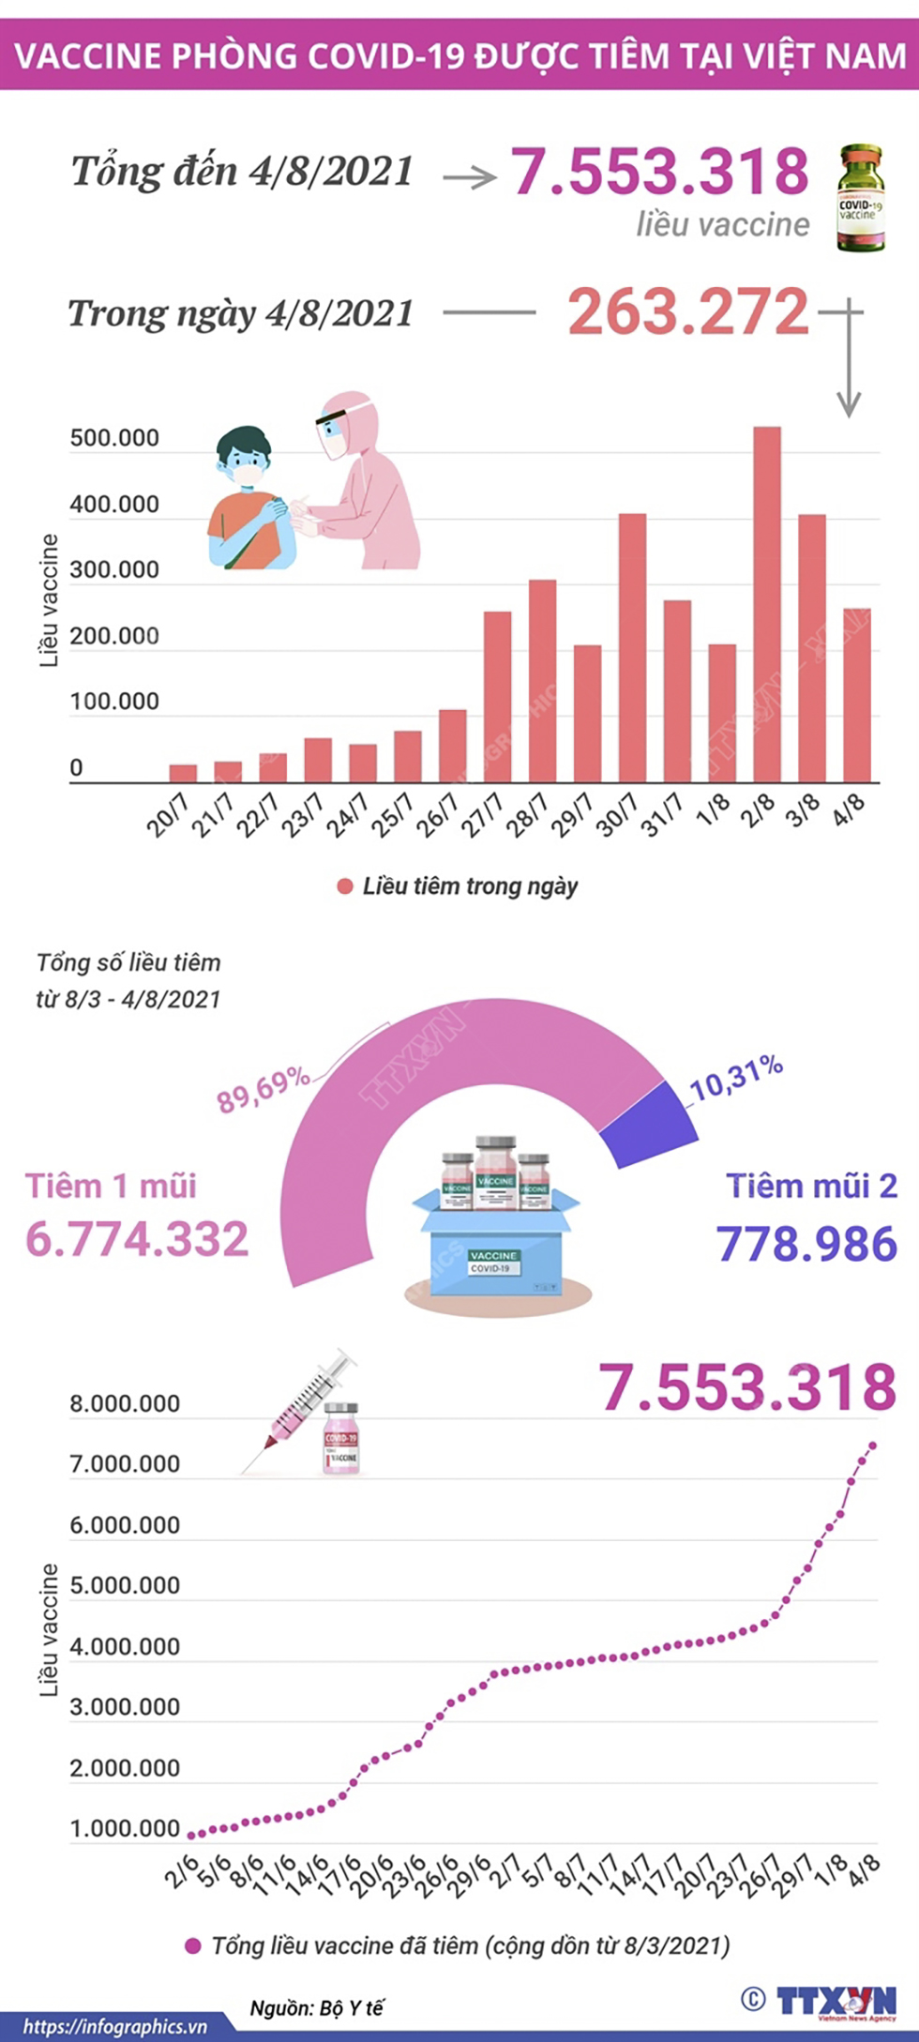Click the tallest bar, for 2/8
tap(767, 604)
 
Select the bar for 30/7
tap(633, 647)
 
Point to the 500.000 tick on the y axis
tap(114, 438)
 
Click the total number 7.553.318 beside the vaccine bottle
tap(660, 172)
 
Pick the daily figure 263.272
tap(687, 312)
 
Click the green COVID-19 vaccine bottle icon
tap(860, 198)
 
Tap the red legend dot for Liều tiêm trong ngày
tap(345, 886)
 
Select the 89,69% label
tap(264, 1089)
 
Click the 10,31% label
tap(737, 1077)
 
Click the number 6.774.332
tap(137, 1239)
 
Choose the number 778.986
tap(806, 1244)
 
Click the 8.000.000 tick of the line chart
tap(124, 1404)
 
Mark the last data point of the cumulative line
tap(872, 1445)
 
